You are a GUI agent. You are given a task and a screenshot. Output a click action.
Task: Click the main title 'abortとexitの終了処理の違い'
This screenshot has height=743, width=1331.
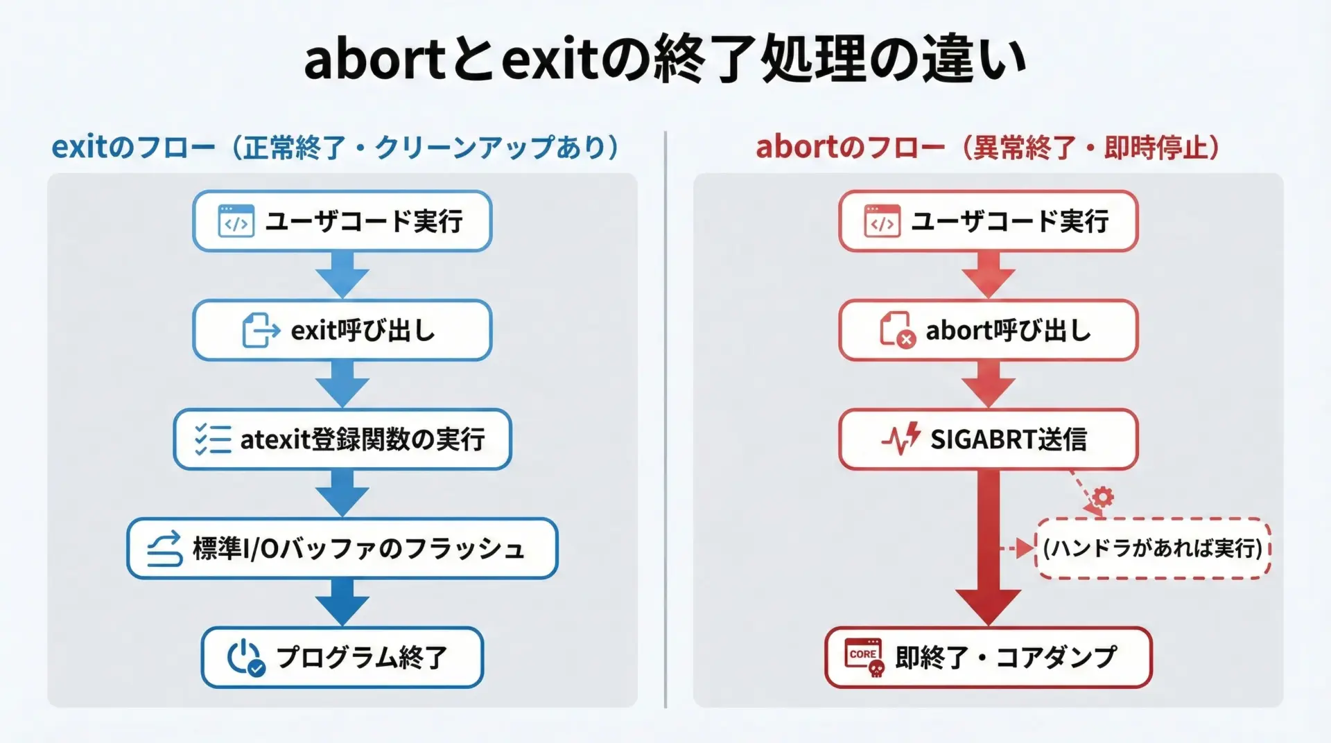point(665,59)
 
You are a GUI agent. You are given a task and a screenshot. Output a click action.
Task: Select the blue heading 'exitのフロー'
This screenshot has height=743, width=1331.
point(133,147)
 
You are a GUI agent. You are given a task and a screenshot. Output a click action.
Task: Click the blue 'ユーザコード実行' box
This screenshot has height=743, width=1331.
point(342,221)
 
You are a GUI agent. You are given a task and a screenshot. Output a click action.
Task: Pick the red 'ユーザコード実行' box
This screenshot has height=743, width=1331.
point(989,221)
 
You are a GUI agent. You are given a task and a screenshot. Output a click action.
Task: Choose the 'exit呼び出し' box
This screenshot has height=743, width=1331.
point(342,330)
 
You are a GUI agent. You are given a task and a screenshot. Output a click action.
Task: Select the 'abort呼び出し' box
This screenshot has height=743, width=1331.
point(989,330)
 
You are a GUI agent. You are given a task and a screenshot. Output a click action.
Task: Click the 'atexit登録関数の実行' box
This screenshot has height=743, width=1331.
point(342,439)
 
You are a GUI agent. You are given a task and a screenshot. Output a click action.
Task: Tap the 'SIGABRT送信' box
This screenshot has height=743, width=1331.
point(989,439)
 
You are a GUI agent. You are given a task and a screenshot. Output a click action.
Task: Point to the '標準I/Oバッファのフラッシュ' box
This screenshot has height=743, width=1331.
point(342,548)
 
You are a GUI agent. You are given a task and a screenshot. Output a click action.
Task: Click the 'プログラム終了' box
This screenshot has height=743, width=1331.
point(342,657)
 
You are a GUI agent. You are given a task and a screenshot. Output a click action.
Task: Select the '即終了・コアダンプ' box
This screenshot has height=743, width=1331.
point(989,657)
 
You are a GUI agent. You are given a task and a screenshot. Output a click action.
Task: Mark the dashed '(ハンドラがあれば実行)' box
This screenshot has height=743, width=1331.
point(1153,548)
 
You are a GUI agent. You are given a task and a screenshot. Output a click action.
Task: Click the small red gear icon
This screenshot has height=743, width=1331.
point(1102,496)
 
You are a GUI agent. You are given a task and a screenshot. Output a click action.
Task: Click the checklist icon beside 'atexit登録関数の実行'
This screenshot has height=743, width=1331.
point(213,439)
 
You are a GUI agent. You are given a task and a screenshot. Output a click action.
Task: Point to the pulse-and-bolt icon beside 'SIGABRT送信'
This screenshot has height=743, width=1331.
point(901,438)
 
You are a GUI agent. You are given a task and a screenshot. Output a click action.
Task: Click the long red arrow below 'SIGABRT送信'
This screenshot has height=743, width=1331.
point(989,548)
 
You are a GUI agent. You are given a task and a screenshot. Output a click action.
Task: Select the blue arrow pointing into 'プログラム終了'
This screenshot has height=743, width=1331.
point(342,602)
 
